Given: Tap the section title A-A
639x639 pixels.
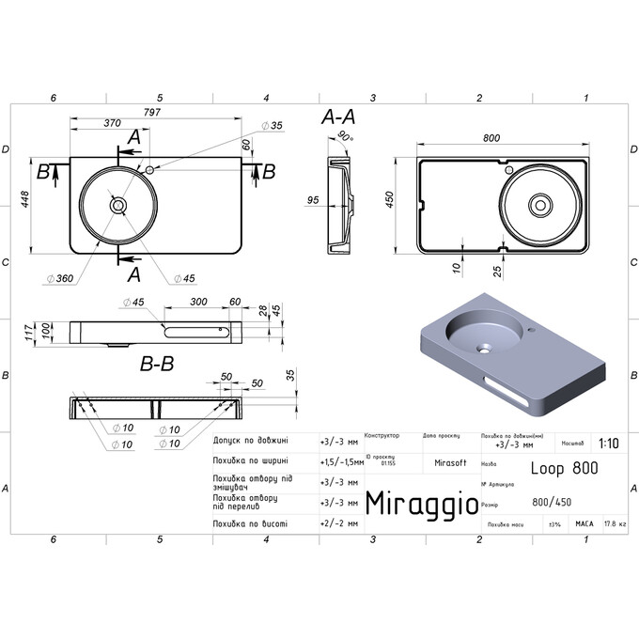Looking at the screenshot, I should (337, 117).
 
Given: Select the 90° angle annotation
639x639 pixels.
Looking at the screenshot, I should (344, 137).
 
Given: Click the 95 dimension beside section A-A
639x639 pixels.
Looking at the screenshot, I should (313, 199).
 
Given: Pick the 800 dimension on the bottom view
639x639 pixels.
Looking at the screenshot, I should (491, 138).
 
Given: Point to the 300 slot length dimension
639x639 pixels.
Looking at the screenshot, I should (198, 302).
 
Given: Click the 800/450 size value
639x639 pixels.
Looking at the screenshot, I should (551, 502).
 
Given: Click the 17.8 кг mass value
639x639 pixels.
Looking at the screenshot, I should (615, 522).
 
